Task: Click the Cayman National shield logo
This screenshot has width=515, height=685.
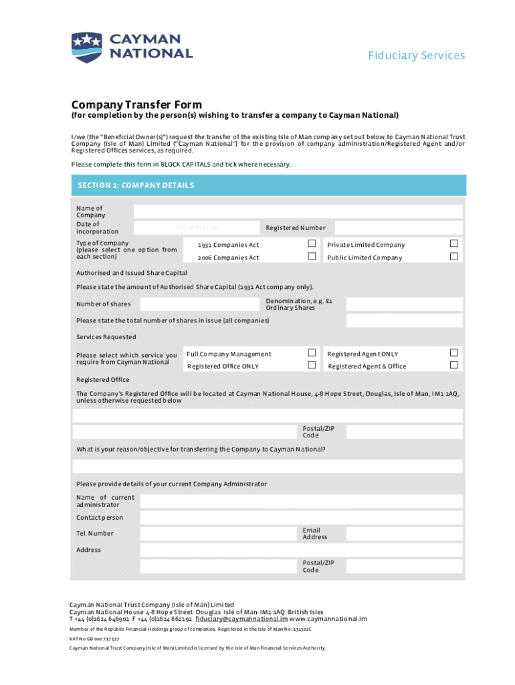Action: (x=86, y=47)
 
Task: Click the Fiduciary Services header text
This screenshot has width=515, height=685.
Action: (x=416, y=56)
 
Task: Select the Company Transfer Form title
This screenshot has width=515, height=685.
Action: (x=136, y=104)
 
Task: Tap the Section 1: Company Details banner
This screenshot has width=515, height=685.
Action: (x=268, y=185)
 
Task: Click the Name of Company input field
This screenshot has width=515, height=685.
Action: (x=298, y=211)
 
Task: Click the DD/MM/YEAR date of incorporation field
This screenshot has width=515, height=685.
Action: (x=197, y=228)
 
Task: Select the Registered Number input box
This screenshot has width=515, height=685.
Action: (x=398, y=228)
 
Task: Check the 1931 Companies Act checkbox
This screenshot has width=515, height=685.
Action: (x=311, y=243)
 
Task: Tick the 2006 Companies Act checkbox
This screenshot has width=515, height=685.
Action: (x=311, y=257)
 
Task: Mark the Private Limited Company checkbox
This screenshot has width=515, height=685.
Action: (x=454, y=243)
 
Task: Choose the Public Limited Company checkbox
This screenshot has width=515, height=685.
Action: (x=454, y=257)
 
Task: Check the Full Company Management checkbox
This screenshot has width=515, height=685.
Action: (x=311, y=353)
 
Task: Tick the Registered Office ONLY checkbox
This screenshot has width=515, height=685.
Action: (x=311, y=365)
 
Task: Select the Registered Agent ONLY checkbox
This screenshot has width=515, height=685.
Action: (x=454, y=353)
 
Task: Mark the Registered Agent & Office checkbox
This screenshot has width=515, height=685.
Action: (x=454, y=365)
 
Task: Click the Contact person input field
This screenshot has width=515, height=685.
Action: (x=301, y=517)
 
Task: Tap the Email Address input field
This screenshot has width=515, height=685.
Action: (x=404, y=534)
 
